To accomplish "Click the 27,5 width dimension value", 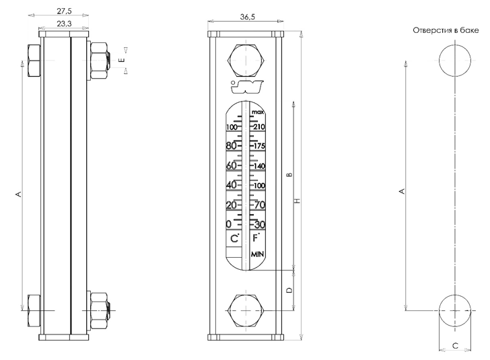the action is (64, 11).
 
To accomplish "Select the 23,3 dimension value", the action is (64, 24).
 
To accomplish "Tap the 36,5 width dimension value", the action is (248, 17).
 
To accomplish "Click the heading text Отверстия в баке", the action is (446, 30).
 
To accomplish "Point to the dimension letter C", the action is (455, 346).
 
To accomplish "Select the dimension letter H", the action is (297, 201).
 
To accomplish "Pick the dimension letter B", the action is (289, 174).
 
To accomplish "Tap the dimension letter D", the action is (289, 290).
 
